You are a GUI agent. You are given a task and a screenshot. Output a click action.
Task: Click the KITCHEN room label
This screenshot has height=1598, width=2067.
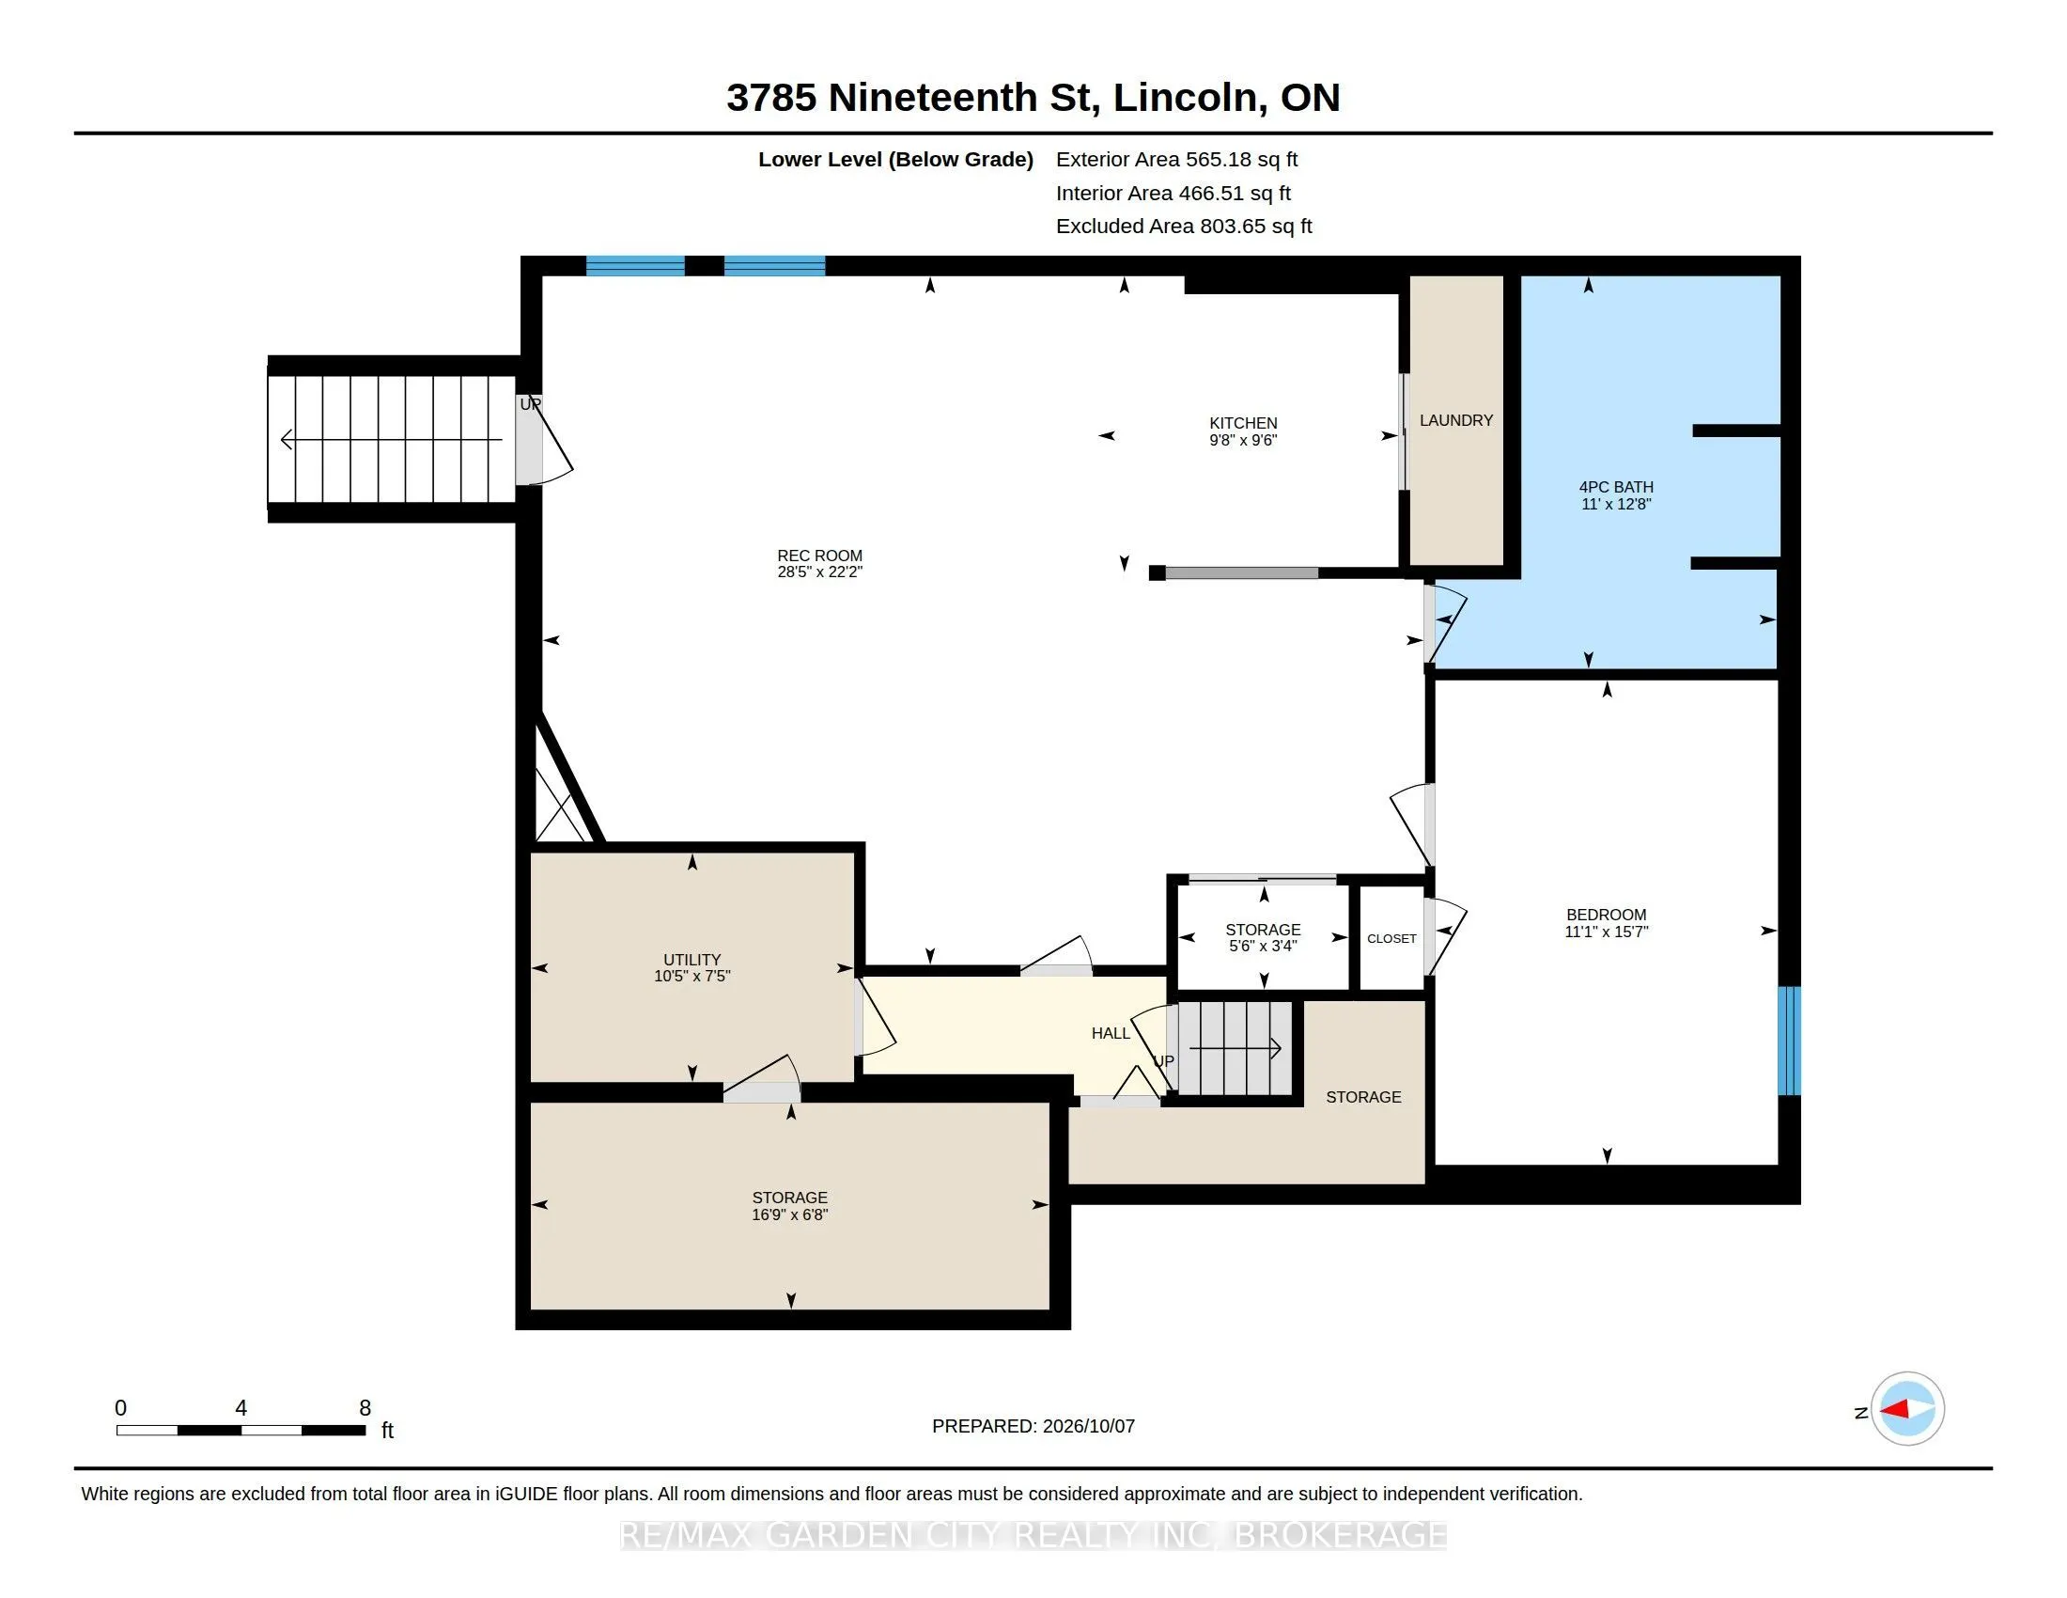click(x=1243, y=423)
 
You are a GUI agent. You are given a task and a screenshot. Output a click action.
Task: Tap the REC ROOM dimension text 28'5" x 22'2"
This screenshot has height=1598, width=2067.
click(x=819, y=572)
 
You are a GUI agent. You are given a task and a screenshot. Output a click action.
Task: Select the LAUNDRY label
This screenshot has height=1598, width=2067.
click(x=1455, y=420)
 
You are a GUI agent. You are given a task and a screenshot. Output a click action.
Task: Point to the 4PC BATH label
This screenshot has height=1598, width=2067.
click(x=1616, y=488)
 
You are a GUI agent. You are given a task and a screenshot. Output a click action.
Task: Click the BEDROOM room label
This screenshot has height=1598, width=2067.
click(x=1606, y=915)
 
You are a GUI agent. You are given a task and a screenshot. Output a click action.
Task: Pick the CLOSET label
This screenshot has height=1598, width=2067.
click(x=1391, y=938)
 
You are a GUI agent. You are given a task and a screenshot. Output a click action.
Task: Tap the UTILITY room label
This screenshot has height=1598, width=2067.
click(x=692, y=960)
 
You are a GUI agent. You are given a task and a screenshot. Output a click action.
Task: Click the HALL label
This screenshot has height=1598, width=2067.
click(x=1111, y=1033)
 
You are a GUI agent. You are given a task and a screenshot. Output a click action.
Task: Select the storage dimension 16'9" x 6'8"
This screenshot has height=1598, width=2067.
click(x=789, y=1214)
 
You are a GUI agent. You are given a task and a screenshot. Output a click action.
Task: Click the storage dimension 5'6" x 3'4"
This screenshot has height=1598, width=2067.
click(x=1263, y=946)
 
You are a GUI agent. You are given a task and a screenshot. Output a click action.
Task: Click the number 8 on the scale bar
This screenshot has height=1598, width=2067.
click(x=365, y=1408)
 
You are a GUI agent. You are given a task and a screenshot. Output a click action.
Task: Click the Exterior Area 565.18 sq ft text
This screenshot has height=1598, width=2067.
click(x=1176, y=159)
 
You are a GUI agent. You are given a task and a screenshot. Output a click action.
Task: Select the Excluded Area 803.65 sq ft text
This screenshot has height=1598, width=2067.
click(x=1184, y=226)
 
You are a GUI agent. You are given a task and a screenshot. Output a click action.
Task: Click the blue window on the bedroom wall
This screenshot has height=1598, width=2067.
click(x=1789, y=1041)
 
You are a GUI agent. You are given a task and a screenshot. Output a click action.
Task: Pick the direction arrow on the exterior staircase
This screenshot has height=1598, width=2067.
click(x=392, y=439)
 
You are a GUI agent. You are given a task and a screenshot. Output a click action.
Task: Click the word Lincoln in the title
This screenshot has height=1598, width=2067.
click(x=1184, y=97)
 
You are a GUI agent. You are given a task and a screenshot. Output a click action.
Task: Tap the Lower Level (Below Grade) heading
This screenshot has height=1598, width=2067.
click(x=895, y=159)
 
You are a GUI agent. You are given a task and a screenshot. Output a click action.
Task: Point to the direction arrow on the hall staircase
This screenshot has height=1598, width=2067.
click(x=1236, y=1048)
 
